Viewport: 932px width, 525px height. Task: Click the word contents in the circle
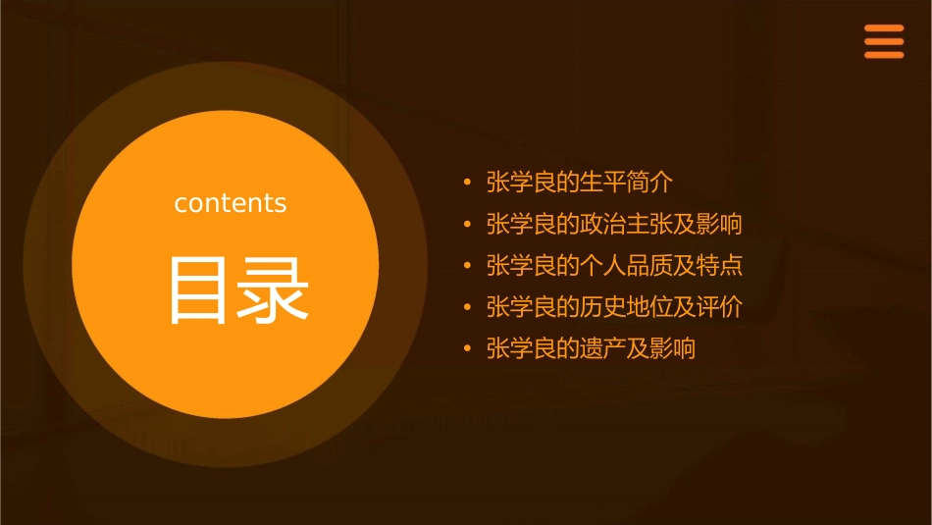point(231,203)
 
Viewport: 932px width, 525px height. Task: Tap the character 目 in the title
point(199,290)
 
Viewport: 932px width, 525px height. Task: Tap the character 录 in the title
point(274,290)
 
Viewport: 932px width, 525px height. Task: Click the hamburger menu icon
point(883,42)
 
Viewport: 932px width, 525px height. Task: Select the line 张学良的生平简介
point(580,183)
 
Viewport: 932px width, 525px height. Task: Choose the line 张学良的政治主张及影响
point(614,224)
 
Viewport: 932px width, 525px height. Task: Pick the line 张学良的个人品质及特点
point(614,266)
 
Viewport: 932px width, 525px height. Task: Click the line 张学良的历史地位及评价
point(614,307)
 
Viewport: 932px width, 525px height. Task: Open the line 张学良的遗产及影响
point(591,348)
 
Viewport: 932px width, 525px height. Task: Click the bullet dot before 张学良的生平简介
point(467,184)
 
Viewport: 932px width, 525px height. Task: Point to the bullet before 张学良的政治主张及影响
point(467,225)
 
